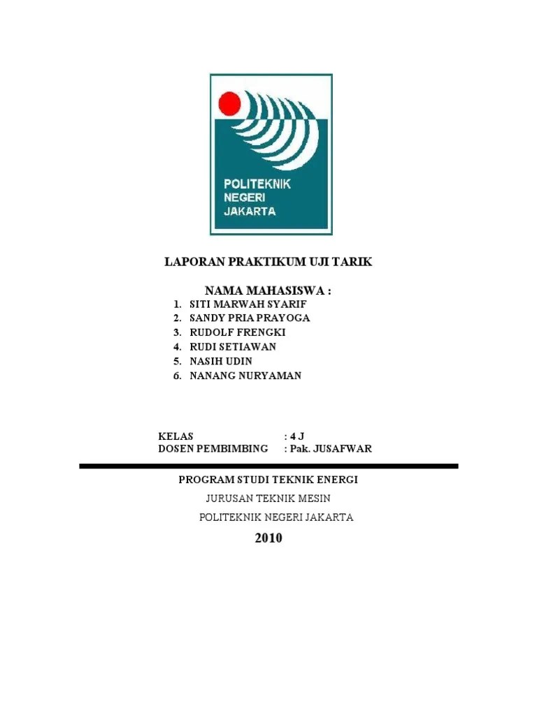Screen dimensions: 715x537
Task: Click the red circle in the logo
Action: click(229, 105)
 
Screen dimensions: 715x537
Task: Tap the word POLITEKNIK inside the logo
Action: click(257, 184)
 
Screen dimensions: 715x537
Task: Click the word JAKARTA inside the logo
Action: click(250, 211)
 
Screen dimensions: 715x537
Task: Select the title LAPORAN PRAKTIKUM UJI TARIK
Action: click(268, 262)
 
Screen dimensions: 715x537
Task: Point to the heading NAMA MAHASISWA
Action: click(267, 290)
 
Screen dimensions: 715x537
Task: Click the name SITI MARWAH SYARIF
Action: click(248, 305)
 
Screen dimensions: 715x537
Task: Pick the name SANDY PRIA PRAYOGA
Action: click(250, 318)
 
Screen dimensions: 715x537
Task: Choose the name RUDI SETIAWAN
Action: click(233, 346)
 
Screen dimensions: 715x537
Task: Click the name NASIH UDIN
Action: click(221, 361)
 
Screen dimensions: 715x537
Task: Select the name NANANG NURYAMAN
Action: click(245, 376)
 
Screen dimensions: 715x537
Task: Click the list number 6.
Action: click(178, 376)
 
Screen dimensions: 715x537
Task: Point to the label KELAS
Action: click(176, 436)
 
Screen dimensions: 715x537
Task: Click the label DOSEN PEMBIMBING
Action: click(213, 448)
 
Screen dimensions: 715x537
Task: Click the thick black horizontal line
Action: click(268, 466)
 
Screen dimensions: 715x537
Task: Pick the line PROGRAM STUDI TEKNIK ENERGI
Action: click(268, 480)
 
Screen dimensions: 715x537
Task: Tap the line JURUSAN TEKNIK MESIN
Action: click(268, 498)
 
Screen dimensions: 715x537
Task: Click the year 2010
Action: click(268, 538)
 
